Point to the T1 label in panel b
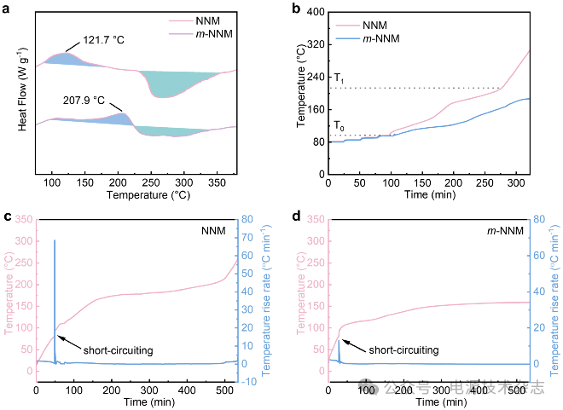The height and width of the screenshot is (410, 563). coord(339,78)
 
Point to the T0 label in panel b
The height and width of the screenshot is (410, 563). coord(339,127)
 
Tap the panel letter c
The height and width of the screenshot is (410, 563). coord(8,217)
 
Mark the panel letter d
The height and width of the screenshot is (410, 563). coord(295,217)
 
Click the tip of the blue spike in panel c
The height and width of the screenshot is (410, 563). coord(55,240)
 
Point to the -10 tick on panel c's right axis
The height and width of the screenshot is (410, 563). coord(248,382)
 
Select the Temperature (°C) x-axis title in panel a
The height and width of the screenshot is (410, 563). coord(147,195)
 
